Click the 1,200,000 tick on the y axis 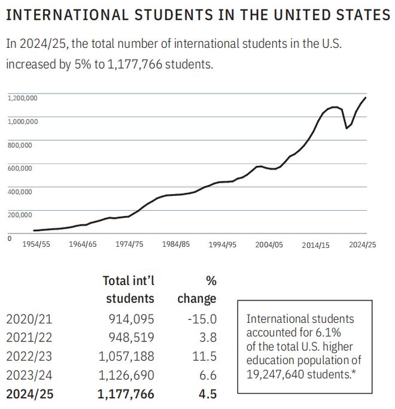[22, 98]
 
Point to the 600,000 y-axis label [19, 168]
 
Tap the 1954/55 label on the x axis [37, 244]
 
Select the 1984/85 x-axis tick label [176, 244]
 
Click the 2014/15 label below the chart [315, 244]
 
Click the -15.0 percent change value [202, 319]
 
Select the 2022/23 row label [29, 356]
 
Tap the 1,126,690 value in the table [126, 375]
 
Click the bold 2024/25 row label [29, 393]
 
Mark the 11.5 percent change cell [205, 356]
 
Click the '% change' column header [197, 289]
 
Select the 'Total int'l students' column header [128, 289]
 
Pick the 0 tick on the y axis [10, 238]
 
